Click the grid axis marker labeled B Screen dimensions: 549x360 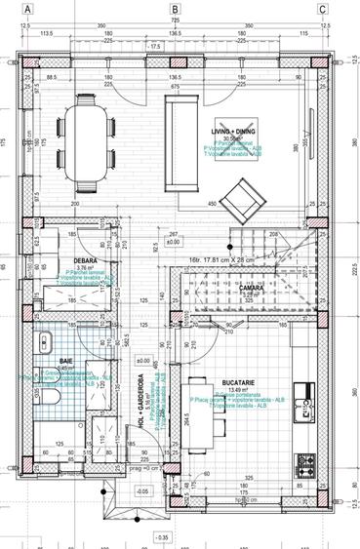click(x=175, y=9)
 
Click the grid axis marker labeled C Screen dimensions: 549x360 click(x=322, y=9)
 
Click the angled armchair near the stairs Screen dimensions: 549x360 click(x=237, y=206)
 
